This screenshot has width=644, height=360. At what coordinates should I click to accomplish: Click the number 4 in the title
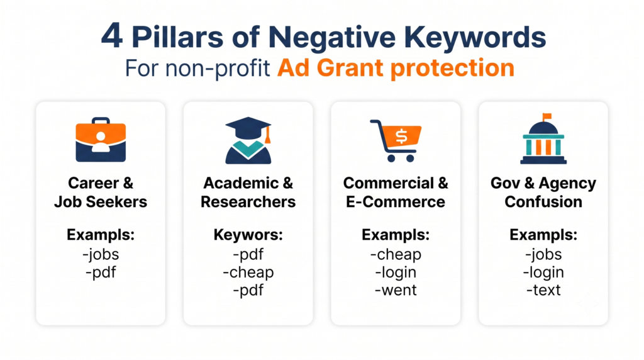tap(112, 36)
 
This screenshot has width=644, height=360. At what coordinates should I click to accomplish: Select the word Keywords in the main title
tap(475, 37)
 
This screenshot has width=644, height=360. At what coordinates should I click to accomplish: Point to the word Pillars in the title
tap(177, 37)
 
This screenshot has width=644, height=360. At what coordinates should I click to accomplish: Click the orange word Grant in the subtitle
tap(352, 68)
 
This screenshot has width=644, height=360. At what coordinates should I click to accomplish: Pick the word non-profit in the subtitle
tap(218, 68)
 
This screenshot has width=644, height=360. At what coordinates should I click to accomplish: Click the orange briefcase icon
tap(101, 140)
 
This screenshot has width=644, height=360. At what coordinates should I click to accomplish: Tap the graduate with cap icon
tap(248, 140)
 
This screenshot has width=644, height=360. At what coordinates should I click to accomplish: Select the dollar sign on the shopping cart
tap(401, 136)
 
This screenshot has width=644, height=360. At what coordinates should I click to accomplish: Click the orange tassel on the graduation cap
tap(268, 135)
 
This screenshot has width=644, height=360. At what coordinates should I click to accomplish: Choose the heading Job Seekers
tap(101, 202)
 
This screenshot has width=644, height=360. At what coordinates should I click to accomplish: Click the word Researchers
tap(248, 202)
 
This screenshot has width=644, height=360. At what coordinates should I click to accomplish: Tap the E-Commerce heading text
tap(396, 202)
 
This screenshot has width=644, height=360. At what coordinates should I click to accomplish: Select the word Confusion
tap(543, 202)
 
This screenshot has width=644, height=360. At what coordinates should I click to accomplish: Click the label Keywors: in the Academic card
tap(248, 235)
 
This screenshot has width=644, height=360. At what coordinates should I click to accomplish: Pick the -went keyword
tap(396, 290)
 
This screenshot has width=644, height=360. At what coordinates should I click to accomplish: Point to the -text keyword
tap(543, 290)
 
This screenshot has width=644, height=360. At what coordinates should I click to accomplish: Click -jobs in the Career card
tap(101, 254)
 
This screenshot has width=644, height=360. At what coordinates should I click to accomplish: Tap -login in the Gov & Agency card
tap(543, 272)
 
